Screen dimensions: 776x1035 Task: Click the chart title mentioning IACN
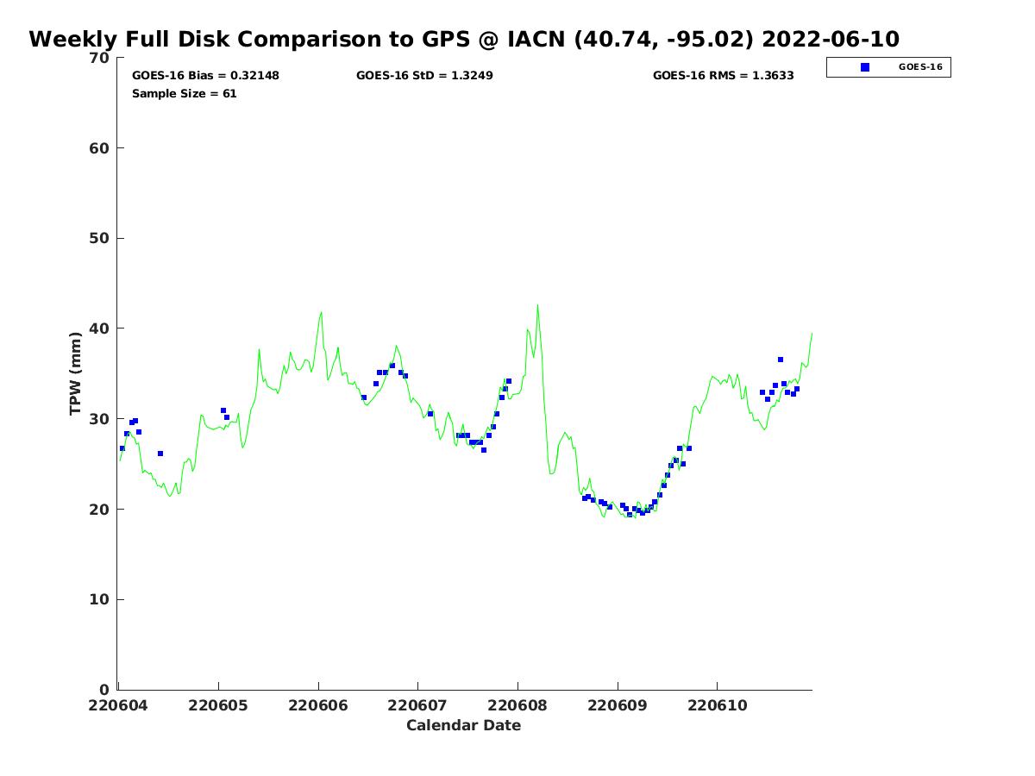[x=464, y=40]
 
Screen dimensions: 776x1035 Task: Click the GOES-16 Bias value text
[x=205, y=76]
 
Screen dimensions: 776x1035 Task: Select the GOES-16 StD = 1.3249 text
[x=424, y=76]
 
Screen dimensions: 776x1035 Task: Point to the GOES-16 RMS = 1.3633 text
[x=723, y=76]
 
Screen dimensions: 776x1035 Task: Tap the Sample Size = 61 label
[x=184, y=94]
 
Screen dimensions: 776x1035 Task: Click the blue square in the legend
[x=865, y=67]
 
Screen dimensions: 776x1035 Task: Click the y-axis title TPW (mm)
[x=76, y=373]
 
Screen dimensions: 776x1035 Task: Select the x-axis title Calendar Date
[x=463, y=725]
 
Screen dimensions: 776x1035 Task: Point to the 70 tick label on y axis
[x=99, y=58]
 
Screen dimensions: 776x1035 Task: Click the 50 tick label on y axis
[x=99, y=238]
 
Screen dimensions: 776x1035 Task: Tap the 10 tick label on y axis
[x=99, y=599]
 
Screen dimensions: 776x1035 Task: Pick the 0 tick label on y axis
[x=104, y=690]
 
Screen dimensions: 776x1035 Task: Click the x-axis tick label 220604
[x=119, y=705]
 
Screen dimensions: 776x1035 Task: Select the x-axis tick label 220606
[x=318, y=705]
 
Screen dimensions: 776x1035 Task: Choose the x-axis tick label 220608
[x=517, y=705]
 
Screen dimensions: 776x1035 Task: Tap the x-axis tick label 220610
[x=717, y=705]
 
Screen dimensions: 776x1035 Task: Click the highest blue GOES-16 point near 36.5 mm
[x=781, y=360]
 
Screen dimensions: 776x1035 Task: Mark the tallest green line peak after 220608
[x=537, y=305]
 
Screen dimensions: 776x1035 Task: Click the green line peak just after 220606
[x=321, y=312]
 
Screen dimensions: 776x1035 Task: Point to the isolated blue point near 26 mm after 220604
[x=160, y=454]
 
